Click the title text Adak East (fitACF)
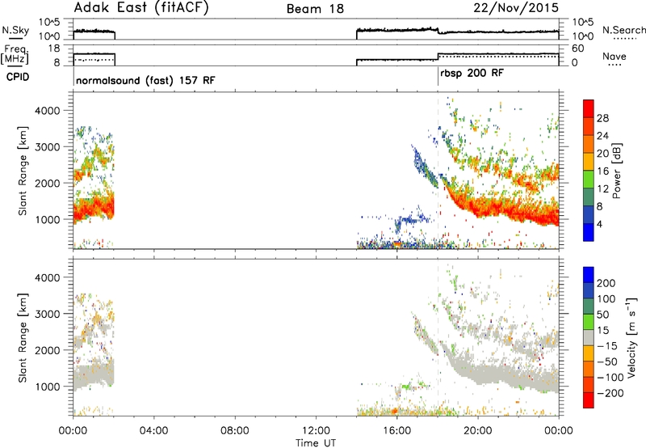(x=141, y=8)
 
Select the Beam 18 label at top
(x=315, y=9)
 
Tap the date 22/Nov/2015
(x=516, y=7)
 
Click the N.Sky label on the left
(x=15, y=30)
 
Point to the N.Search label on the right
(x=623, y=30)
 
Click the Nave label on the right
(x=615, y=56)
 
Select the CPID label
(x=18, y=77)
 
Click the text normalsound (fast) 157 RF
(x=145, y=80)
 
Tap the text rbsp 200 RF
(x=472, y=74)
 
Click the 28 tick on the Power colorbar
(x=602, y=118)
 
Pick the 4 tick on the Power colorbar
(x=599, y=224)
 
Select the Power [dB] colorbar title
(x=617, y=171)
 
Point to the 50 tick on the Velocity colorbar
(x=602, y=315)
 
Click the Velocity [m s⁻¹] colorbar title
(x=631, y=337)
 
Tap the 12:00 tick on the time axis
(x=316, y=431)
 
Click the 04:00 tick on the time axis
(x=153, y=431)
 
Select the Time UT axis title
(x=316, y=443)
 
